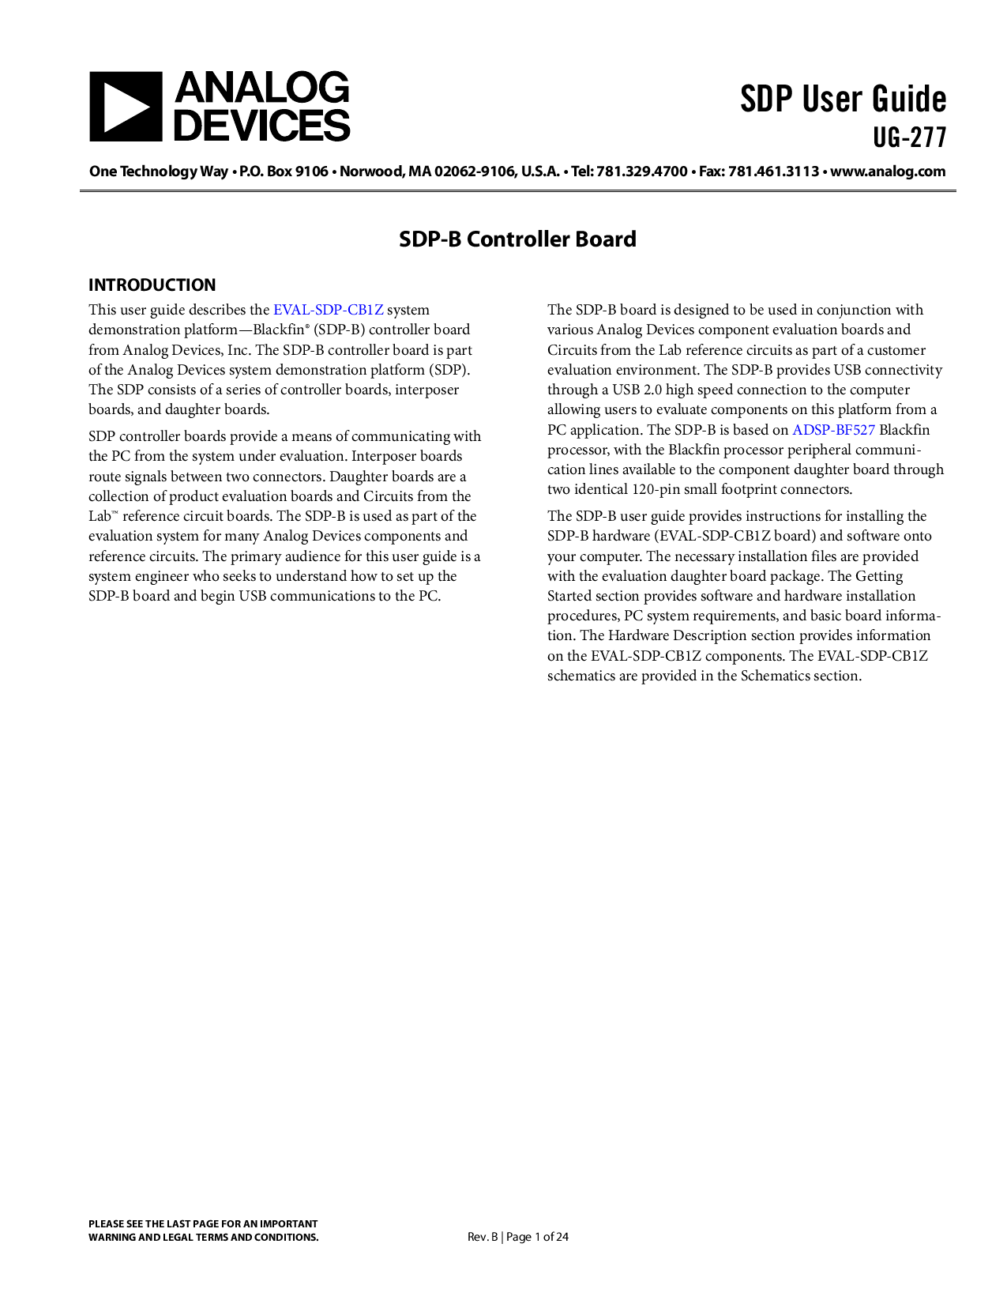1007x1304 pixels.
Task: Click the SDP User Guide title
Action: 843,100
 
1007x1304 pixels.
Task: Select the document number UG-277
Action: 909,138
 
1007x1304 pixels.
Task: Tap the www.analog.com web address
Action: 888,171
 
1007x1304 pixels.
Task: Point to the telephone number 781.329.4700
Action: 641,171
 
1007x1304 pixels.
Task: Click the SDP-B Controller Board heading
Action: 517,239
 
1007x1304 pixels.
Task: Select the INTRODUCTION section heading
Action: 152,285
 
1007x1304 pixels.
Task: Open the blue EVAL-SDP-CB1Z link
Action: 328,310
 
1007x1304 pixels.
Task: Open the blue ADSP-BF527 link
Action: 833,430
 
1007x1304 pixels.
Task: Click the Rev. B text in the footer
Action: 482,1237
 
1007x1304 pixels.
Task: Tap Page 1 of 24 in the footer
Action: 537,1237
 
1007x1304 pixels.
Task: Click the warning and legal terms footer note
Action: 203,1231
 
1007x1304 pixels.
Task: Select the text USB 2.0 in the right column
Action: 637,390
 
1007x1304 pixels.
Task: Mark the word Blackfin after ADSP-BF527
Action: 904,430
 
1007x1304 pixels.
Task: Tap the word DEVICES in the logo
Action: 261,126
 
